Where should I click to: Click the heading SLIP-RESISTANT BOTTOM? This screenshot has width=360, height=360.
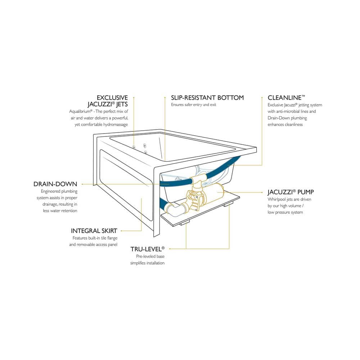point(207,98)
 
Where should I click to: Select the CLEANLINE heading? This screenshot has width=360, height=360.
point(286,98)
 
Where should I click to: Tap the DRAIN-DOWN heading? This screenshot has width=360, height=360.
point(55,184)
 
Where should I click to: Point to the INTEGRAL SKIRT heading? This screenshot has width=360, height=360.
point(94,231)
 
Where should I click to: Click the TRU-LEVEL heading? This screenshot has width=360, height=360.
point(147,249)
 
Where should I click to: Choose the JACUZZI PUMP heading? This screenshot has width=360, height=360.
point(291,192)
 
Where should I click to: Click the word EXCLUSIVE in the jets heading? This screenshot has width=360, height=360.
point(112,98)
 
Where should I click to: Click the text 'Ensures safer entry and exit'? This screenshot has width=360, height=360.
point(194,105)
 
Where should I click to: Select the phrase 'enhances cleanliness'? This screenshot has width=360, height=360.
point(285,125)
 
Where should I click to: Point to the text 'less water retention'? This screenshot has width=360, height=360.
point(60,211)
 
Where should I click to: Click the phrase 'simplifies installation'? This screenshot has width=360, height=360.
point(147,263)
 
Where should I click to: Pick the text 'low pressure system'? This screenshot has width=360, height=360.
point(285,212)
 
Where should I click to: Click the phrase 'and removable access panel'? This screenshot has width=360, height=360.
point(93,244)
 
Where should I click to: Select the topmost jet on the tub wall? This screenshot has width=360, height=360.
point(145,145)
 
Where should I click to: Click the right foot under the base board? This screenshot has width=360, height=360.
point(229,204)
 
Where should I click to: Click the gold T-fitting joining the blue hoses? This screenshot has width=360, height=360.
point(199,179)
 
